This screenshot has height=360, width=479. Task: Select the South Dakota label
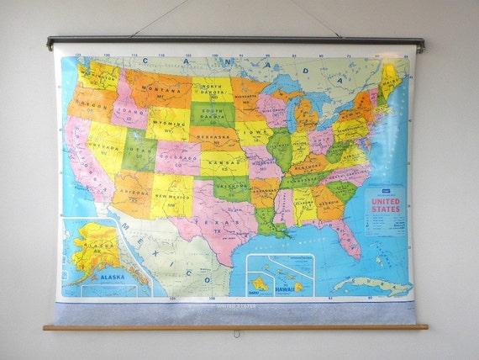(212, 112)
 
